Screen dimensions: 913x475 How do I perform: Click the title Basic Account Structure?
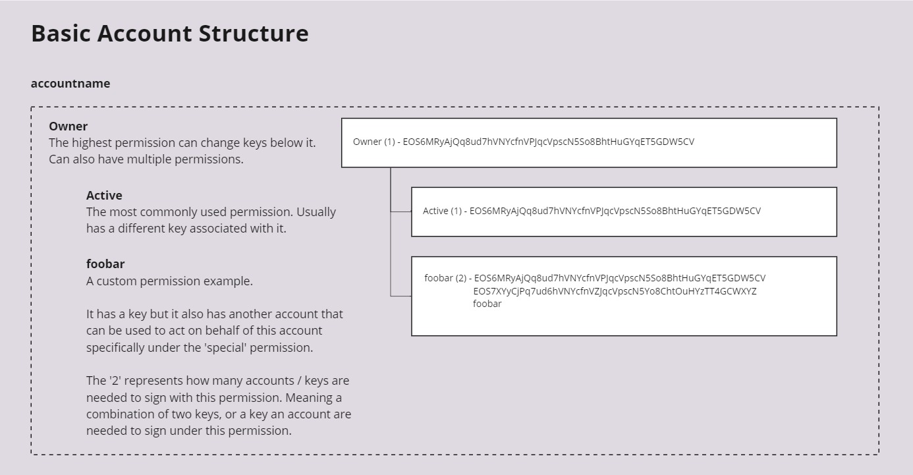point(169,34)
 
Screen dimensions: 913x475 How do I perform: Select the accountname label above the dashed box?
point(70,84)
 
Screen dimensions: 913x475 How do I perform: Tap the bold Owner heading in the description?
point(68,126)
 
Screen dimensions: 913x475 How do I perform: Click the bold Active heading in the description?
point(104,195)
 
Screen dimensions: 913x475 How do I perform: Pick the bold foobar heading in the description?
point(105,264)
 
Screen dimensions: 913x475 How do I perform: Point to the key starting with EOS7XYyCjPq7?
point(615,291)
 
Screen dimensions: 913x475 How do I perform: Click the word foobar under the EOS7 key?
point(487,304)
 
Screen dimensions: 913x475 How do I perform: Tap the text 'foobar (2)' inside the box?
point(445,278)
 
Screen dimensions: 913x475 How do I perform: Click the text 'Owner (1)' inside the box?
point(373,142)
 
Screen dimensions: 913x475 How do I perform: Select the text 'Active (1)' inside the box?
point(442,211)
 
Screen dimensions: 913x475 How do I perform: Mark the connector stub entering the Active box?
point(401,211)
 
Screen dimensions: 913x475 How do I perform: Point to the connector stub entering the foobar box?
point(401,296)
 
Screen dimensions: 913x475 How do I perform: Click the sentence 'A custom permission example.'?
point(169,281)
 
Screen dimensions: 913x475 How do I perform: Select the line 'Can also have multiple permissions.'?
point(146,159)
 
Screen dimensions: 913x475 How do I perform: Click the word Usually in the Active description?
point(316,212)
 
